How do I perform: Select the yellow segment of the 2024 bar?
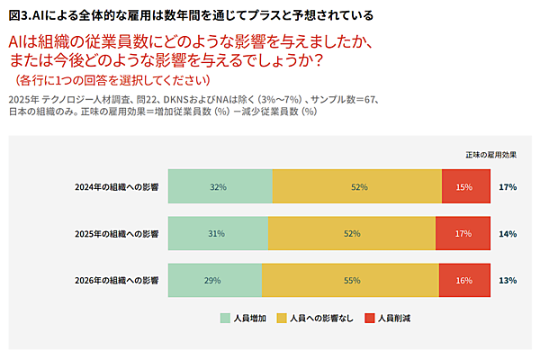tap(357, 186)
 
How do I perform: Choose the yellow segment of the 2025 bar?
tap(351, 233)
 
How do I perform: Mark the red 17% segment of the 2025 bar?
tap(463, 233)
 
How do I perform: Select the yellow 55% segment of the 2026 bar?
tap(350, 280)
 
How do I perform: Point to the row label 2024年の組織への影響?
tap(117, 187)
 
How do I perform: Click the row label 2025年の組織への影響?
tap(117, 234)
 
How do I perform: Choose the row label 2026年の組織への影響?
tap(117, 281)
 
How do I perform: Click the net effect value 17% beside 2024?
tap(507, 187)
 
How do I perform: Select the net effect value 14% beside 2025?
tap(507, 234)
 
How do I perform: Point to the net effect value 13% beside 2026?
tap(507, 281)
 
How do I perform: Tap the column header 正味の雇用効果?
tap(490, 155)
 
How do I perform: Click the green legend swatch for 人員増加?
tap(225, 318)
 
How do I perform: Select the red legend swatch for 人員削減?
tap(370, 318)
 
